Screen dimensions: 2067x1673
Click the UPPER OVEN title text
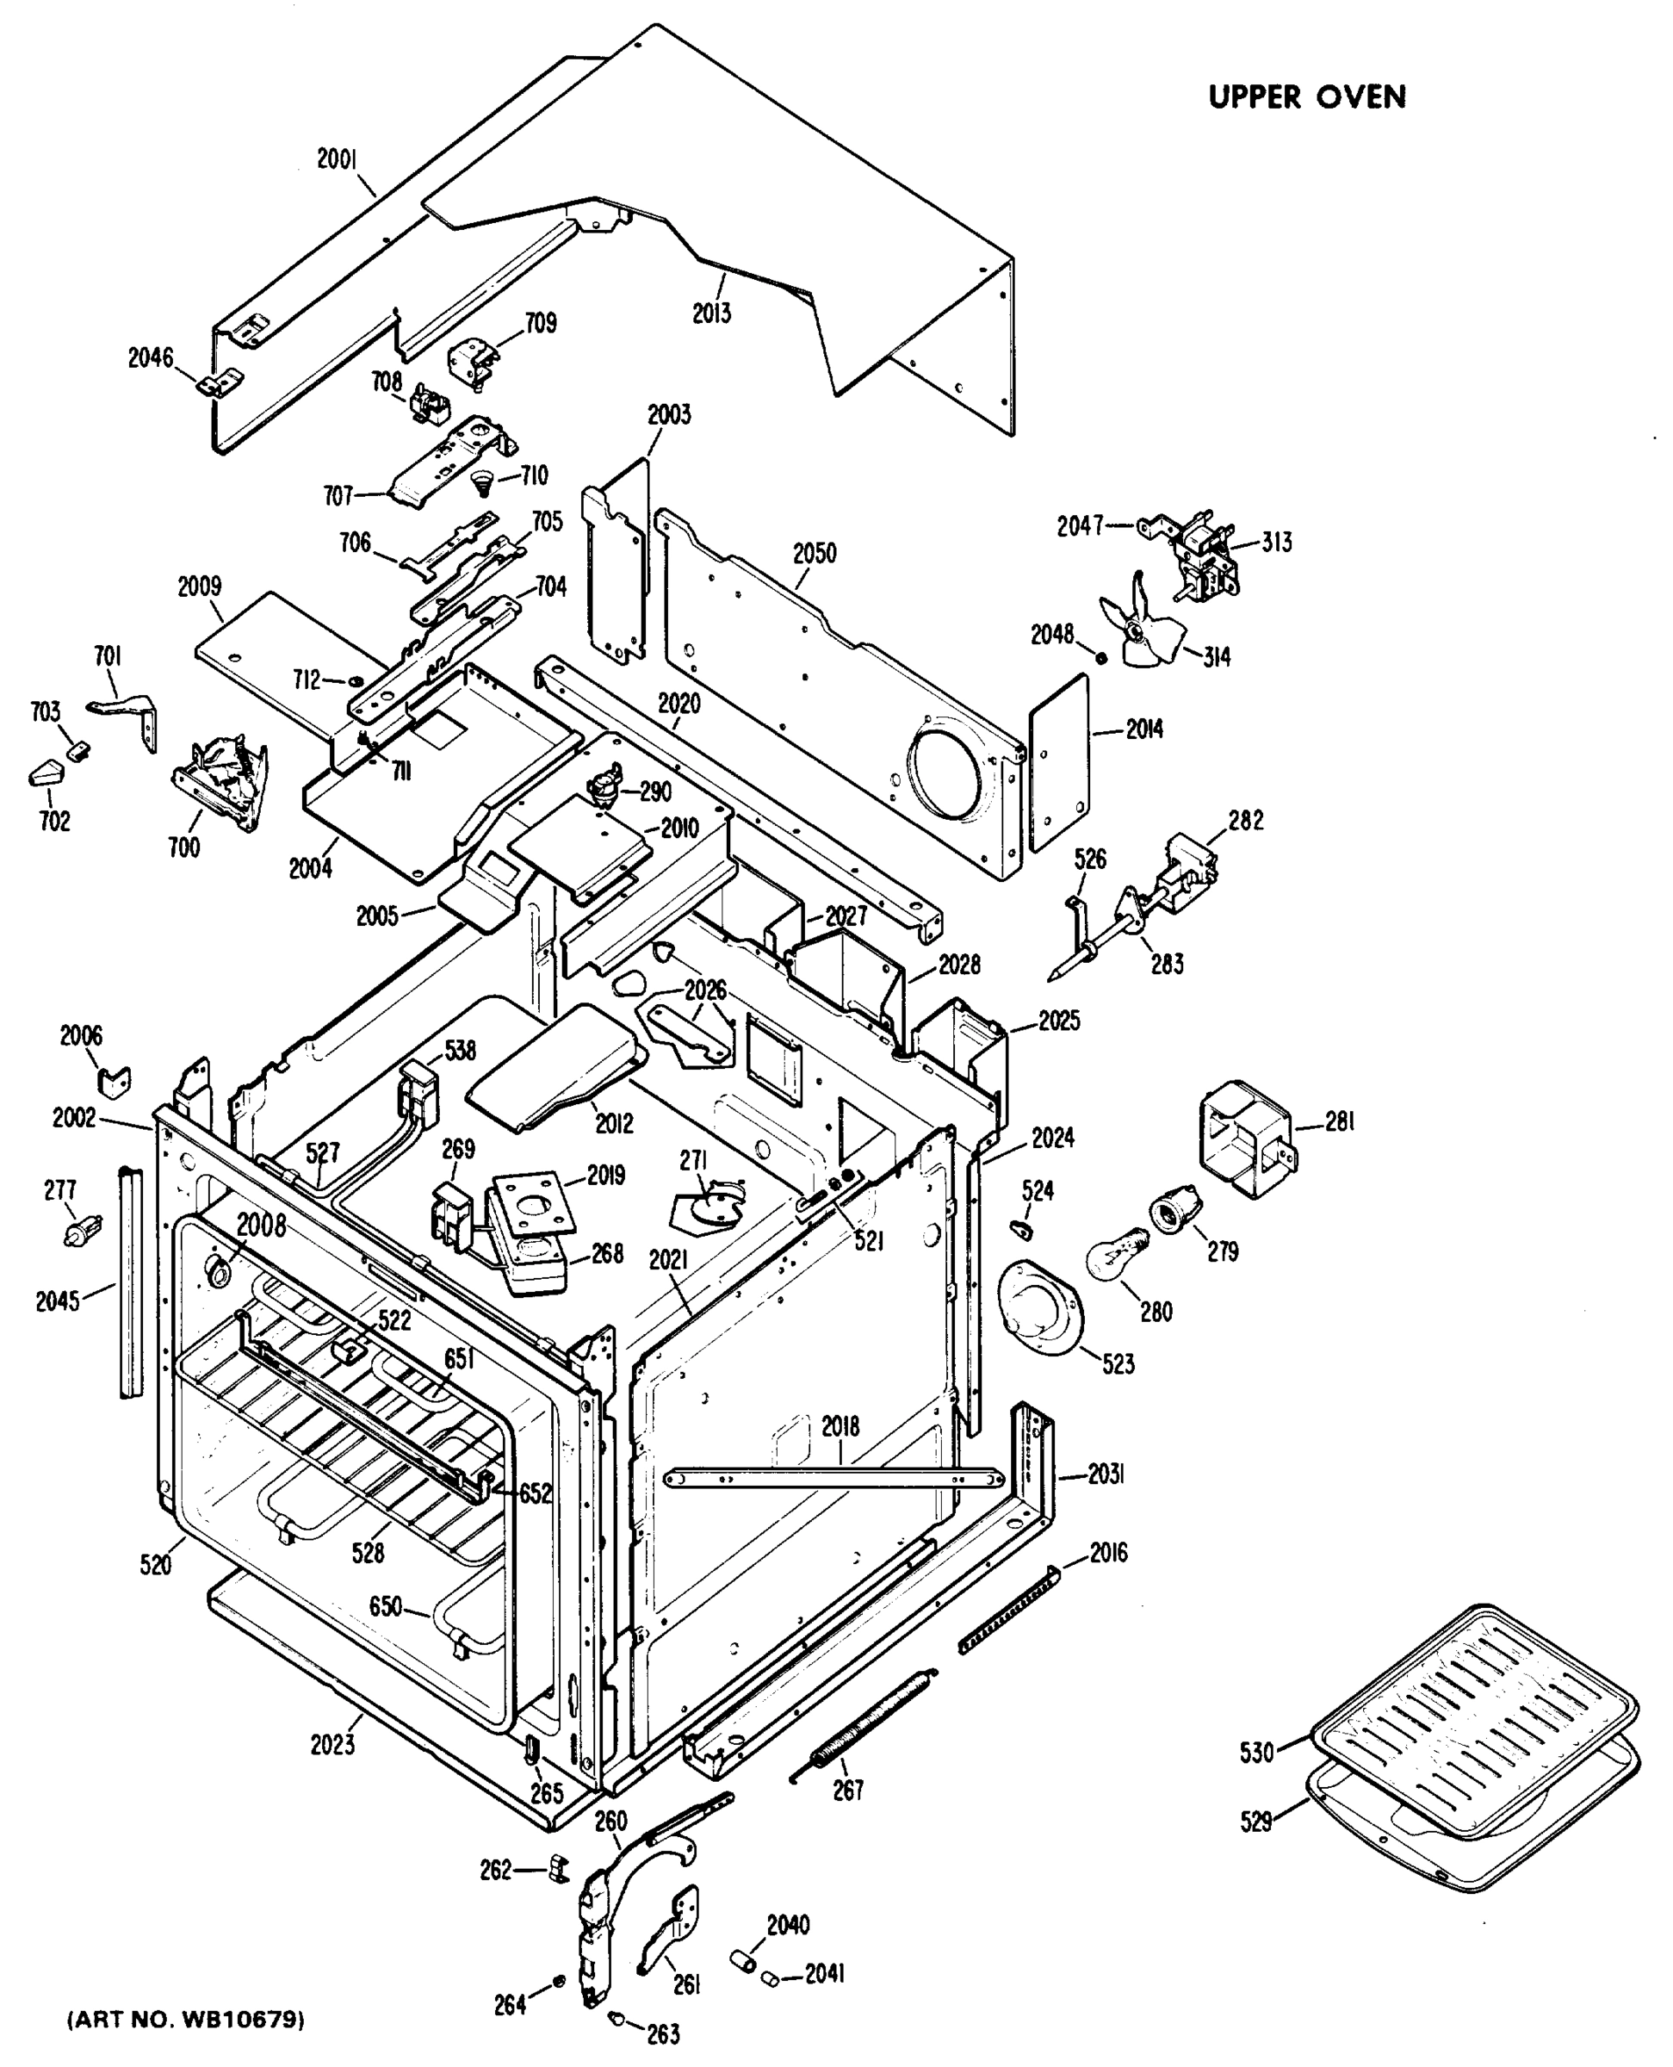coord(1307,97)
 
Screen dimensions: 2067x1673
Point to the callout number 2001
coord(338,159)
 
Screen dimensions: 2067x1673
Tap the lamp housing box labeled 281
coord(1245,1139)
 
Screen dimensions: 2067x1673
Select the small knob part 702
coord(44,773)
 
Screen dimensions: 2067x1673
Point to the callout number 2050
coord(815,554)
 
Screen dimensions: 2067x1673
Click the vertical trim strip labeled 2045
coord(129,1282)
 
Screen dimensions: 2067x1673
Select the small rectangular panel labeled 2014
coord(1059,762)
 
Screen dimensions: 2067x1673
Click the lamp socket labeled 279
coord(1174,1208)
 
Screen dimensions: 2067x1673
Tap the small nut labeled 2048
coord(1101,657)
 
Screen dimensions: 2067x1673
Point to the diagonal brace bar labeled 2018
coord(834,1476)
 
